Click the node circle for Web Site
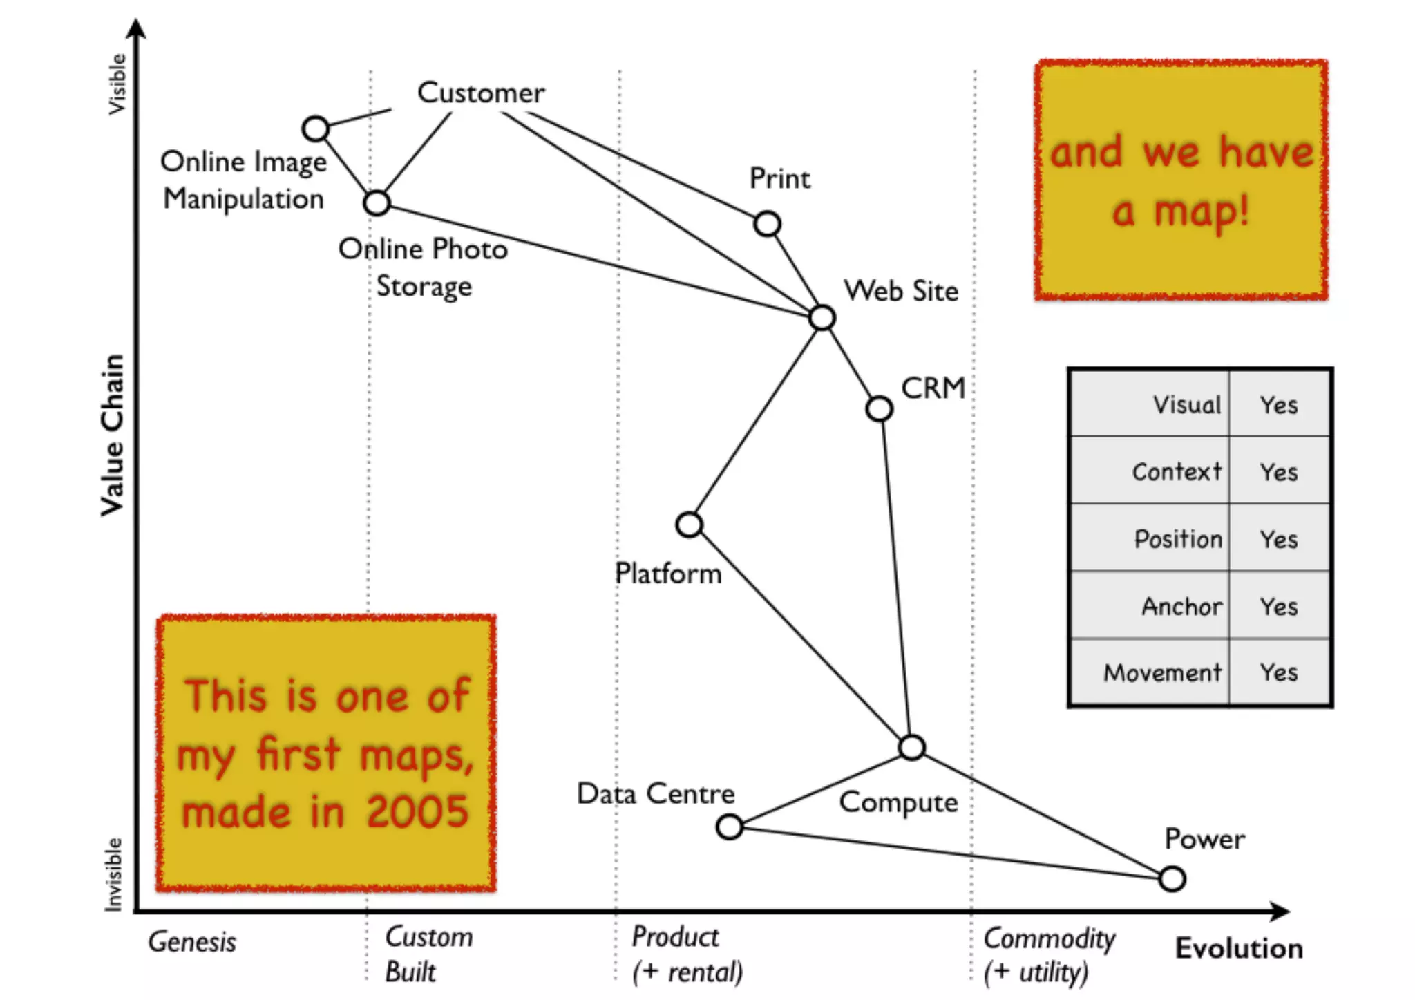click(822, 318)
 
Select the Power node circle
click(1172, 879)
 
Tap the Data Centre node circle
click(730, 827)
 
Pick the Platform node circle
click(690, 525)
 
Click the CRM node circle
click(879, 408)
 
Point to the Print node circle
click(767, 224)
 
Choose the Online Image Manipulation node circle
click(316, 129)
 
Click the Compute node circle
click(912, 747)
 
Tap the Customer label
click(481, 93)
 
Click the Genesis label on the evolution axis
click(192, 942)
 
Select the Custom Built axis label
click(428, 954)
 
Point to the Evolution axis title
click(1239, 948)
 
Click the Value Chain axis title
click(113, 435)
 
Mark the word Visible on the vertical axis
click(117, 84)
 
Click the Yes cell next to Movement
click(1278, 672)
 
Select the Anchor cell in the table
click(1181, 606)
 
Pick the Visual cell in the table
click(1186, 404)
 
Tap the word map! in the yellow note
click(1202, 211)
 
